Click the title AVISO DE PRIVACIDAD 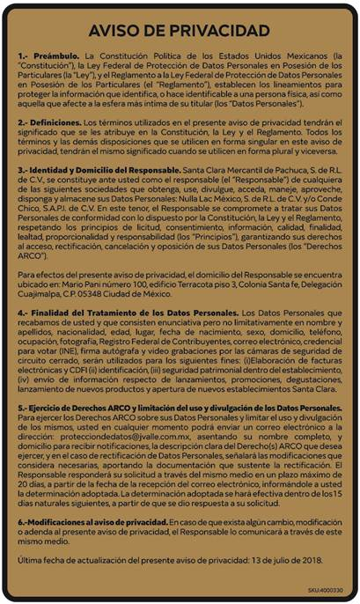[180, 31]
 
